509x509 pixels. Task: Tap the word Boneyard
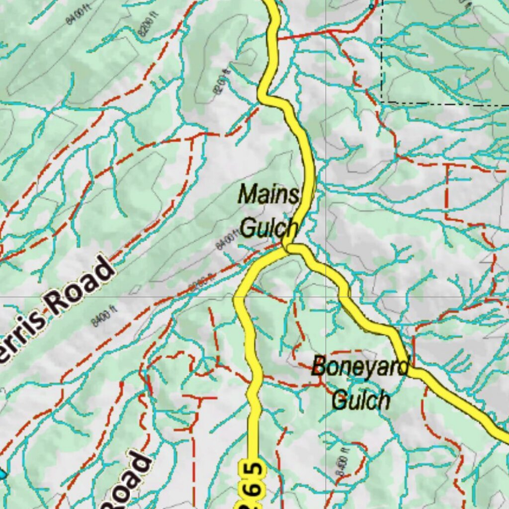point(360,367)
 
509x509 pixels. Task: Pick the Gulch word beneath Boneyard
point(361,399)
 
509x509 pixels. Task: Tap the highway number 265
point(253,484)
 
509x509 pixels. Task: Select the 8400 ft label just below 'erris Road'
point(104,316)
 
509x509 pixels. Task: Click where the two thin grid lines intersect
point(326,297)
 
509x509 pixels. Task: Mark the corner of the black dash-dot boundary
point(382,101)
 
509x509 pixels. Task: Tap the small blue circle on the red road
point(371,6)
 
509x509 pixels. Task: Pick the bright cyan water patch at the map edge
point(2,474)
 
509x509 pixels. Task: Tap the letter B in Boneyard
point(319,367)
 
